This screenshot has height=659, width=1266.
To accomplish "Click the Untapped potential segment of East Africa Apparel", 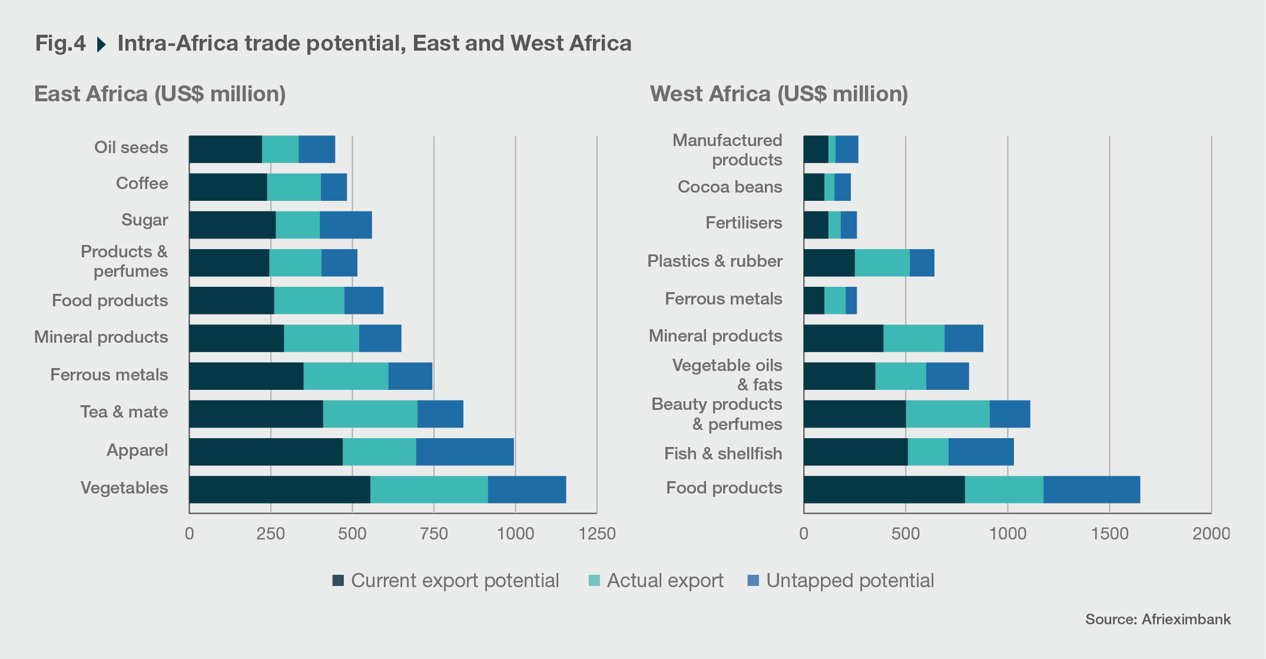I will click(465, 452).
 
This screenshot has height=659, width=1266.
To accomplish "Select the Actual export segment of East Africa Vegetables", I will click(429, 489).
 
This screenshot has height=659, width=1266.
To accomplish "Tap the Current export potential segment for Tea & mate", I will click(256, 414).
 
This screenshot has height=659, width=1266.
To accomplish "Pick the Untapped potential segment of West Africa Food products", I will click(1091, 489).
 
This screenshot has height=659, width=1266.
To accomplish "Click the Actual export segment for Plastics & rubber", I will click(881, 263).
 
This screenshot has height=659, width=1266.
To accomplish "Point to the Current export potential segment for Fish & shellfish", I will click(855, 452).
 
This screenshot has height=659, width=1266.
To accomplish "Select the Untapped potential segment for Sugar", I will click(346, 225).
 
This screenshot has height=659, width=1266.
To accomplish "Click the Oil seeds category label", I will click(131, 147).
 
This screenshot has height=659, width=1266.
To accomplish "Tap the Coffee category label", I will click(141, 183).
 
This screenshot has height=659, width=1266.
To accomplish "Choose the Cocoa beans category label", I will click(730, 187).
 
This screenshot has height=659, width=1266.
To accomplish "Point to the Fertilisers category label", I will click(744, 223).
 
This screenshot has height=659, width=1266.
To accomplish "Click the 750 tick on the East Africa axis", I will click(434, 534).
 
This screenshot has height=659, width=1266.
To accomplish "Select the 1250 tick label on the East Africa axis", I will click(596, 534).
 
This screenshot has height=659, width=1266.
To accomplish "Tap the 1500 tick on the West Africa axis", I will click(1109, 534).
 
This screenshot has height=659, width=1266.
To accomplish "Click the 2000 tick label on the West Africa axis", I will click(1211, 534).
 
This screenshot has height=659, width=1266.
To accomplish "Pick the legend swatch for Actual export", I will click(594, 581).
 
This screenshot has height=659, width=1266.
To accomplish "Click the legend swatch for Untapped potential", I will click(753, 581).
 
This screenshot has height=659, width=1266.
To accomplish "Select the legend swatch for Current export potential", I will click(338, 581).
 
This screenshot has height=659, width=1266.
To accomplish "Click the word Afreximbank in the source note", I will click(1186, 620).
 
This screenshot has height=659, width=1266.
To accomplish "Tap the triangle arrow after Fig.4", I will click(101, 44).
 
